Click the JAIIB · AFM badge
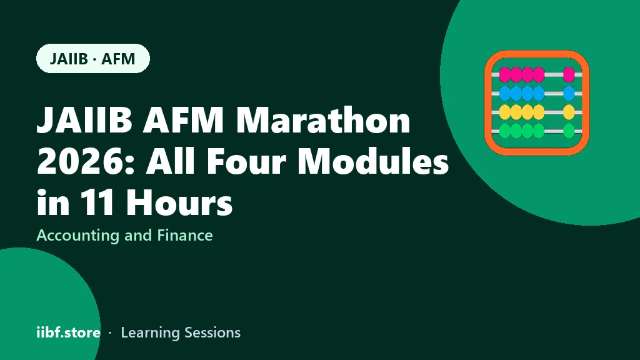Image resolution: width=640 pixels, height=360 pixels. click(x=93, y=58)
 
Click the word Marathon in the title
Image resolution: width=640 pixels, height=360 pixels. click(x=323, y=120)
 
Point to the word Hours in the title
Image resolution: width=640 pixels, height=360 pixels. click(x=179, y=202)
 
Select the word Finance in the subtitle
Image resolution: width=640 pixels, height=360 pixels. click(x=185, y=235)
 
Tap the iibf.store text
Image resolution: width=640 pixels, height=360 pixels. click(x=68, y=332)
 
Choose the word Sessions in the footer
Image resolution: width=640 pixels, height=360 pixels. click(x=212, y=332)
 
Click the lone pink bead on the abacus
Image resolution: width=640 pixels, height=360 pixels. click(x=569, y=75)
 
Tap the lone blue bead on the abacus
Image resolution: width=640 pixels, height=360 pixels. click(x=569, y=94)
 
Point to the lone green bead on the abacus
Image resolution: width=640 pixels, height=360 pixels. click(x=569, y=131)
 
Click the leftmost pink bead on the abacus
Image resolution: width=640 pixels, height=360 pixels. click(x=505, y=75)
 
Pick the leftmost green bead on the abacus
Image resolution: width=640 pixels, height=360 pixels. click(x=505, y=131)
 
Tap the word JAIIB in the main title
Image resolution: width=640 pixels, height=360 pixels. click(x=84, y=120)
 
